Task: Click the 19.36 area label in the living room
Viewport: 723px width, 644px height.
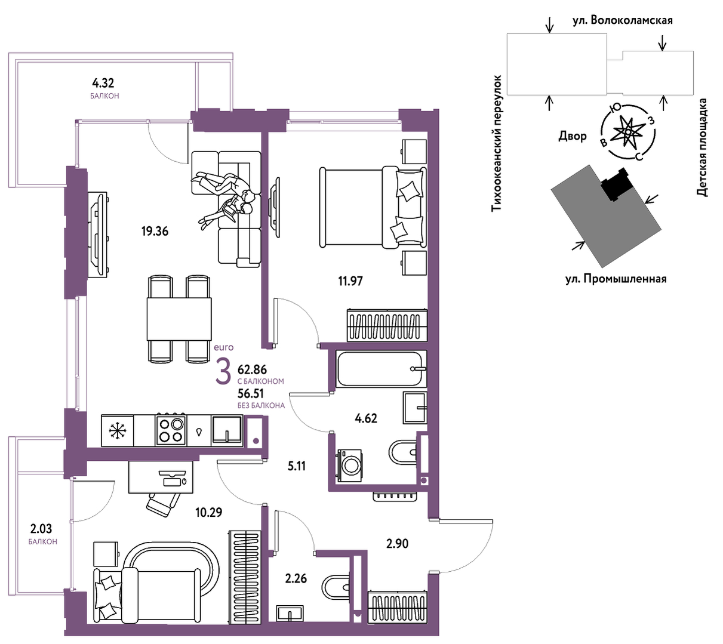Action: [155, 232]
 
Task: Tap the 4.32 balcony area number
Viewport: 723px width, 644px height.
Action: [103, 83]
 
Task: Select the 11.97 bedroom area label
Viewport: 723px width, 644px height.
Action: [350, 281]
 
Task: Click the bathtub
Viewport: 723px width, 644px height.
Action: [381, 369]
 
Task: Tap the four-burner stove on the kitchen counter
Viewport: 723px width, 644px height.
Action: [171, 430]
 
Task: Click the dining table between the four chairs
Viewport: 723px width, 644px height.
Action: [179, 319]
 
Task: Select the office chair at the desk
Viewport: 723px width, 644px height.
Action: [163, 504]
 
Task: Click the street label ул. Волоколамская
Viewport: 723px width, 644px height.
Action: [622, 21]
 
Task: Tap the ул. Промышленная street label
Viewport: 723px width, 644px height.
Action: [616, 279]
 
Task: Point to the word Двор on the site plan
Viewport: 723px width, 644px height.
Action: [573, 136]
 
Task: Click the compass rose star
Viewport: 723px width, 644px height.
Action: [628, 132]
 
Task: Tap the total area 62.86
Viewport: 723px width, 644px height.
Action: [252, 369]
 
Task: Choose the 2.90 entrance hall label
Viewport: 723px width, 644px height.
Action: [397, 544]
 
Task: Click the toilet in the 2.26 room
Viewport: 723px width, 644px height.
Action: [336, 586]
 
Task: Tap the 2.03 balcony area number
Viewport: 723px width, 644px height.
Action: [41, 528]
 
